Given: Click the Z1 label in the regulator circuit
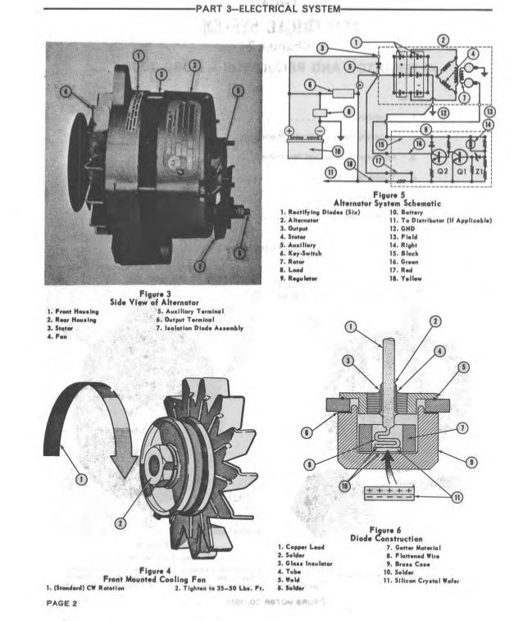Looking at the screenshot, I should [482, 173].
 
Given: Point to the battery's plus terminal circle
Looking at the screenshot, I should [289, 131].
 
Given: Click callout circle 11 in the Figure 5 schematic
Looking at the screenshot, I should [330, 173].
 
